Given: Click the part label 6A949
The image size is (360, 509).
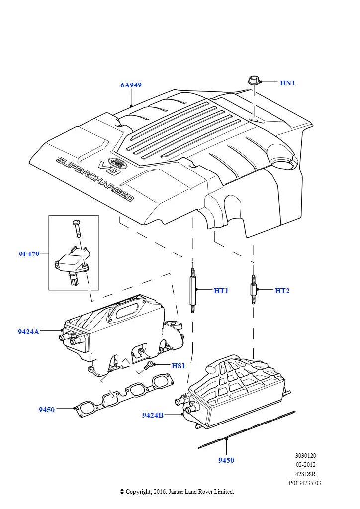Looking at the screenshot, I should [x=131, y=85].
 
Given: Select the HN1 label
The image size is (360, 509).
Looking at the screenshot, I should [x=287, y=83].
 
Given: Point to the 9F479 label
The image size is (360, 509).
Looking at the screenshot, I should [x=29, y=254].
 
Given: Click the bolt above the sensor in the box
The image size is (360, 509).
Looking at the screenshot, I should [x=77, y=229].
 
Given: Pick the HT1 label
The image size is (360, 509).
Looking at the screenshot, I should [x=221, y=291].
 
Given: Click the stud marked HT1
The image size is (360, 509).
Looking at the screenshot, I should [x=192, y=291].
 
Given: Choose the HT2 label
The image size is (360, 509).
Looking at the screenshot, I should [x=282, y=291].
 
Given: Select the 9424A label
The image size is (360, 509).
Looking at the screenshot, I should [x=28, y=332].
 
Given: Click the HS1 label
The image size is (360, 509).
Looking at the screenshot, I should [x=178, y=366].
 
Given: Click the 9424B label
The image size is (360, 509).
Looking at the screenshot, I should [x=153, y=415].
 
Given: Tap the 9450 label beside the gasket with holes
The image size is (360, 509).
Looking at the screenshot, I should [x=47, y=410].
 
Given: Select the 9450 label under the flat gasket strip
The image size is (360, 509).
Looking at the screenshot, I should [x=226, y=460].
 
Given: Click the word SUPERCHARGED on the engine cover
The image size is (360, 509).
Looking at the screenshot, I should [x=94, y=179].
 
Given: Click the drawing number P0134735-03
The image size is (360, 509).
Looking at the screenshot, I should [x=305, y=483].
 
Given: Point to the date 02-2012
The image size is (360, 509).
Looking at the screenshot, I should [x=305, y=465].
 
